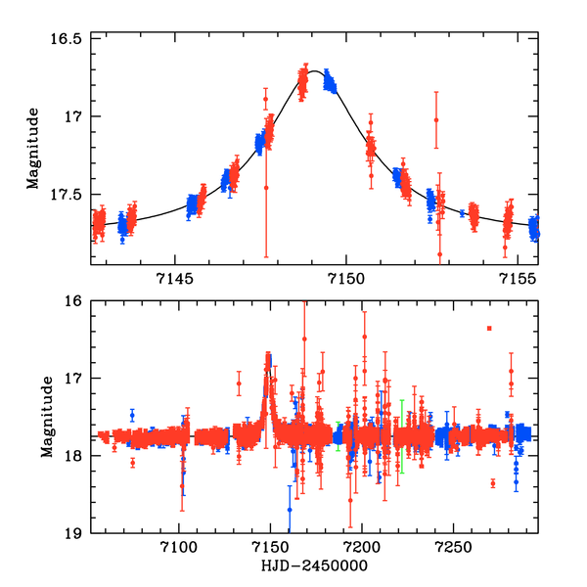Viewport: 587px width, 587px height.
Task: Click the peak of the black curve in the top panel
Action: [314, 70]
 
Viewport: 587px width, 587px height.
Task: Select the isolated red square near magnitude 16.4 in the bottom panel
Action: [488, 329]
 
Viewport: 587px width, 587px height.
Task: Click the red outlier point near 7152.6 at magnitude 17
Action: [435, 120]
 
